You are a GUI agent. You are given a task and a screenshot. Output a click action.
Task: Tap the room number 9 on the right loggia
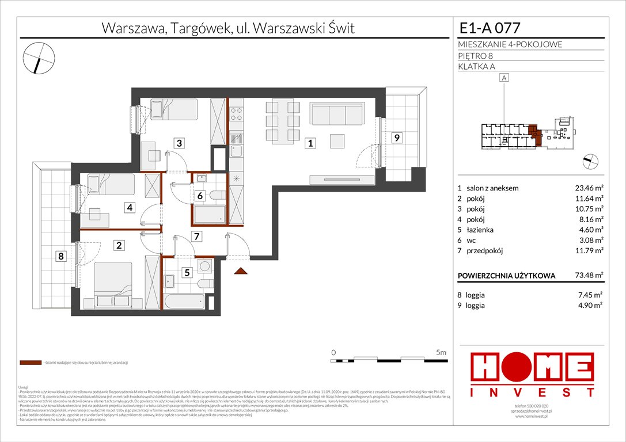point(396,138)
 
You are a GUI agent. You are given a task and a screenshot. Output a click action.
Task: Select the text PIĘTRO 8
point(476,55)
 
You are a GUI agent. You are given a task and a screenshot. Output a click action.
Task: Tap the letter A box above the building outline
point(504,78)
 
